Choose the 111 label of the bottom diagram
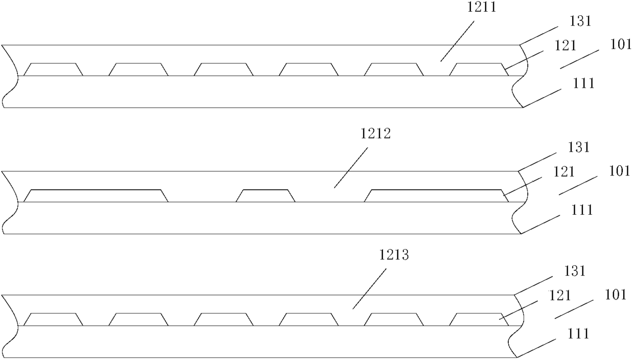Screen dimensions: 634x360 [577, 333]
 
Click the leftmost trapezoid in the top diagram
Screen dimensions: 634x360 [54, 70]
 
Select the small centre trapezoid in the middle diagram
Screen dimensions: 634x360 [265, 196]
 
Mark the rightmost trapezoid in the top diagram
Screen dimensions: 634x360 [479, 70]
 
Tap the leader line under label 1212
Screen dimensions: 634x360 [352, 167]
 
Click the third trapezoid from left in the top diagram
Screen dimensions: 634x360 [224, 70]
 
